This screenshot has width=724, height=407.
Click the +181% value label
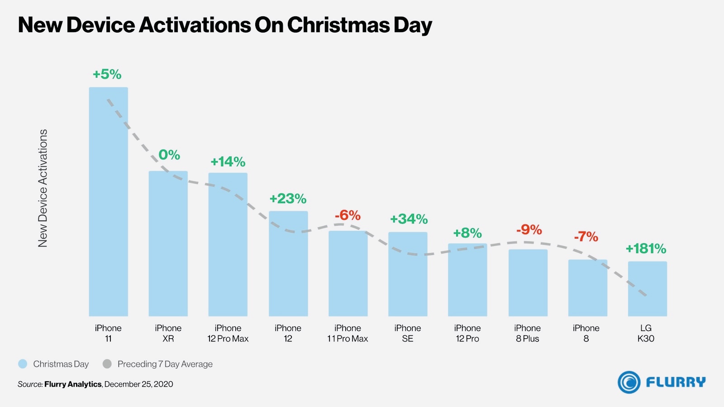pos(646,249)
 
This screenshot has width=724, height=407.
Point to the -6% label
pos(348,215)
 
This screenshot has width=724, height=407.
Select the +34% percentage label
pos(409,219)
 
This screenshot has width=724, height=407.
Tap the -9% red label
pos(529,230)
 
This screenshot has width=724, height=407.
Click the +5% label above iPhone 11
pos(107,74)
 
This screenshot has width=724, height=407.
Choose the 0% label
pos(169,155)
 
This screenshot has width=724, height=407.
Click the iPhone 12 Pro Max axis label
pos(228,333)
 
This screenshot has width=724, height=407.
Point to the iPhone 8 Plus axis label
pos(527,333)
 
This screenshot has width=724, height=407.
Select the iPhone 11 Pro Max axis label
pos(348,333)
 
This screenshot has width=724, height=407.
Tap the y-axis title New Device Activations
pos(43,188)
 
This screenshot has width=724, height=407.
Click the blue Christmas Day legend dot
pos(23,364)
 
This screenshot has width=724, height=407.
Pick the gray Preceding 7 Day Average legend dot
pos(107,364)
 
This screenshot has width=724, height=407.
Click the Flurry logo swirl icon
pos(629,382)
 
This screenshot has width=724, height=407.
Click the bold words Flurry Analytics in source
pos(73,384)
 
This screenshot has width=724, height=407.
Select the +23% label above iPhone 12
pos(288,199)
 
